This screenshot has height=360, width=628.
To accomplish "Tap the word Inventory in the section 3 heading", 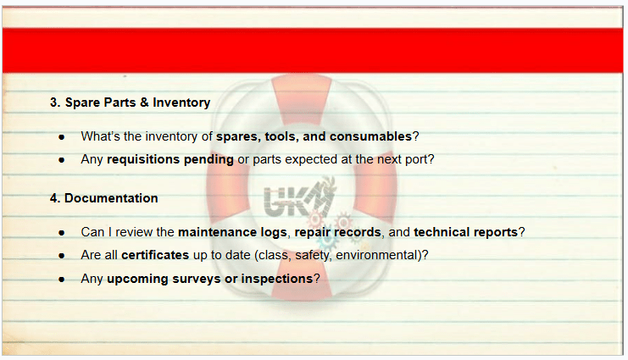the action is pyautogui.click(x=181, y=102).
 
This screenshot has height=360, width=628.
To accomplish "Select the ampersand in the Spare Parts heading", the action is pyautogui.click(x=144, y=102).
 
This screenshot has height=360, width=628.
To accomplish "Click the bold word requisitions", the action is pyautogui.click(x=143, y=160).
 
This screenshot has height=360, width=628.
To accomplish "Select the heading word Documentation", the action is pyautogui.click(x=111, y=198).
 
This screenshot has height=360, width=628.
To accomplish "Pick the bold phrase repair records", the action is pyautogui.click(x=337, y=232).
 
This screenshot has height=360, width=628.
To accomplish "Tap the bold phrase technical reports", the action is pyautogui.click(x=466, y=232).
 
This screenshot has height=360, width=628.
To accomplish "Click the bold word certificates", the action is pyautogui.click(x=155, y=255).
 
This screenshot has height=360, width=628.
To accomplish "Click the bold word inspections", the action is pyautogui.click(x=277, y=279).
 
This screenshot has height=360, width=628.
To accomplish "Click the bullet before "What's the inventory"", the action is pyautogui.click(x=61, y=137).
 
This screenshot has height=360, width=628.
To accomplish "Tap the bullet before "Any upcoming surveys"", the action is pyautogui.click(x=61, y=280).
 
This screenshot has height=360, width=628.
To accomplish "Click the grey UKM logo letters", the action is pyautogui.click(x=297, y=199).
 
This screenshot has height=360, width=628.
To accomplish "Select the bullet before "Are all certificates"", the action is pyautogui.click(x=61, y=256).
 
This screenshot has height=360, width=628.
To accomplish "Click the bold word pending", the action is pyautogui.click(x=208, y=160).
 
